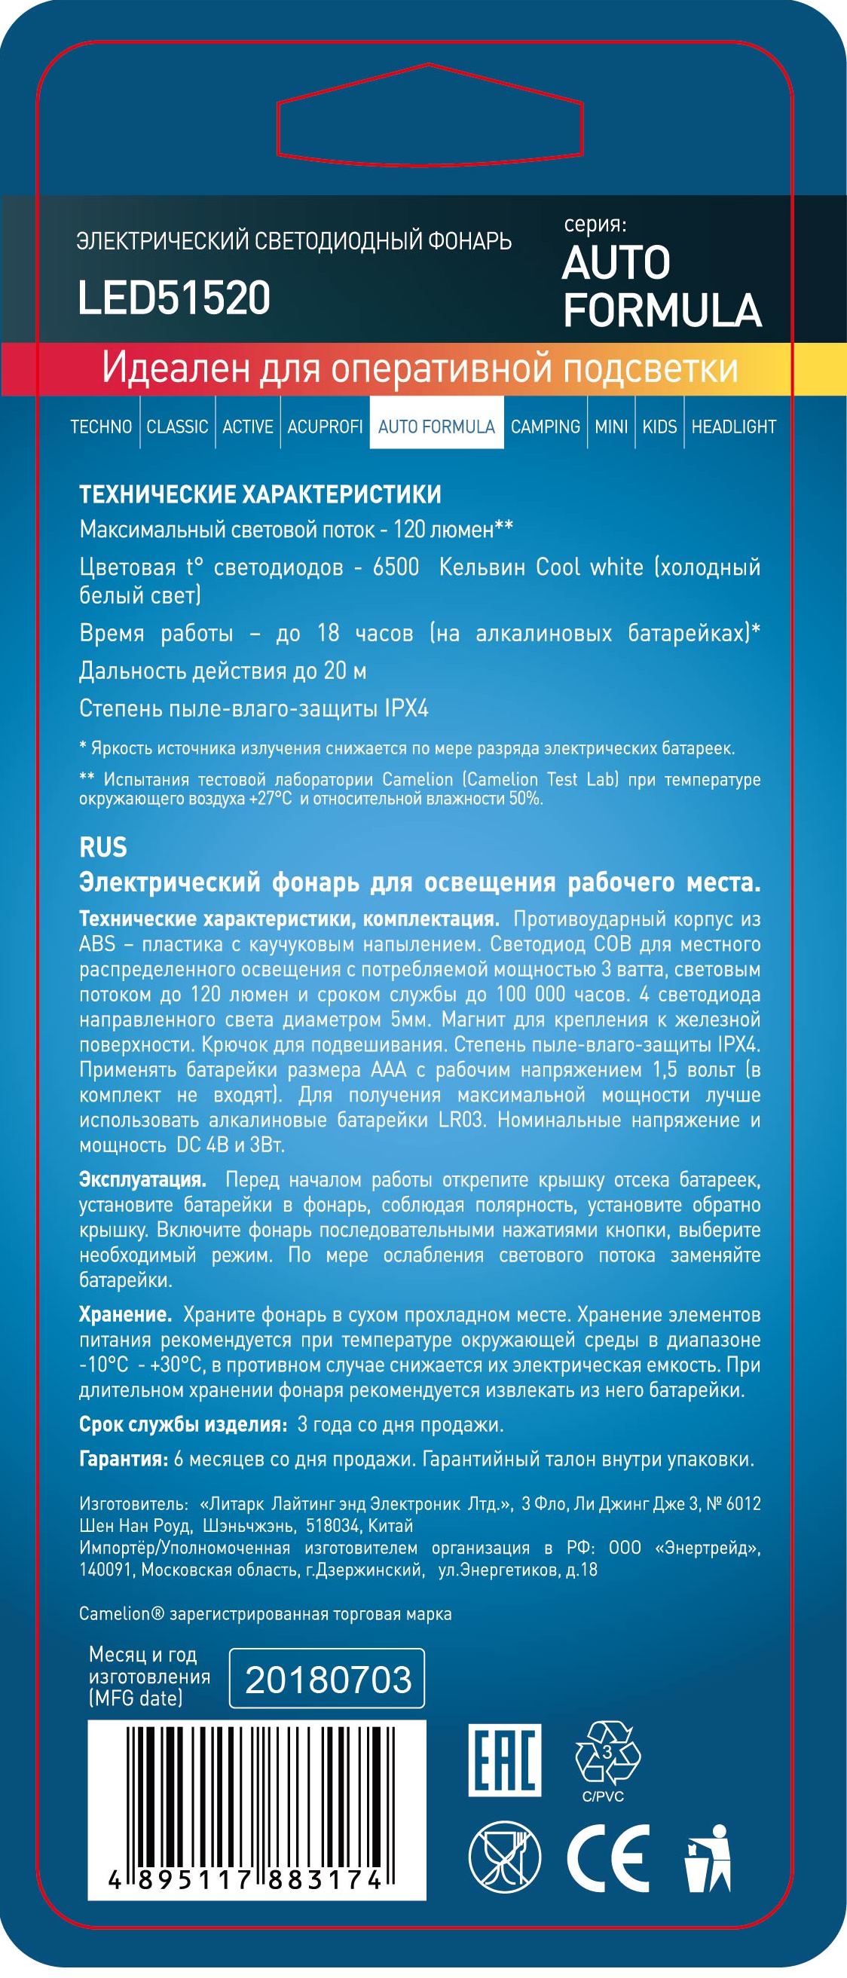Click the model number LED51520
(x=174, y=298)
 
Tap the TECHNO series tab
(x=102, y=426)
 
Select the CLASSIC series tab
(x=177, y=426)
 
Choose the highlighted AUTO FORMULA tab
(x=436, y=426)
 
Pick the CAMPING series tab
(x=546, y=426)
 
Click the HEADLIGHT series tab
(x=733, y=426)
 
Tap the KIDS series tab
(x=659, y=426)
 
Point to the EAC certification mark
(x=506, y=1760)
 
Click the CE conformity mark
(x=607, y=1858)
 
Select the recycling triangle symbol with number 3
(x=607, y=1753)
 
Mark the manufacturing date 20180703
(x=328, y=1680)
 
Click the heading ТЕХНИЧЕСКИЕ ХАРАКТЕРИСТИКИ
(x=260, y=494)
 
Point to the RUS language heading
(x=103, y=848)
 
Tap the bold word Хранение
(x=125, y=1315)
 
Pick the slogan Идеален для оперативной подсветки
(x=419, y=368)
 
